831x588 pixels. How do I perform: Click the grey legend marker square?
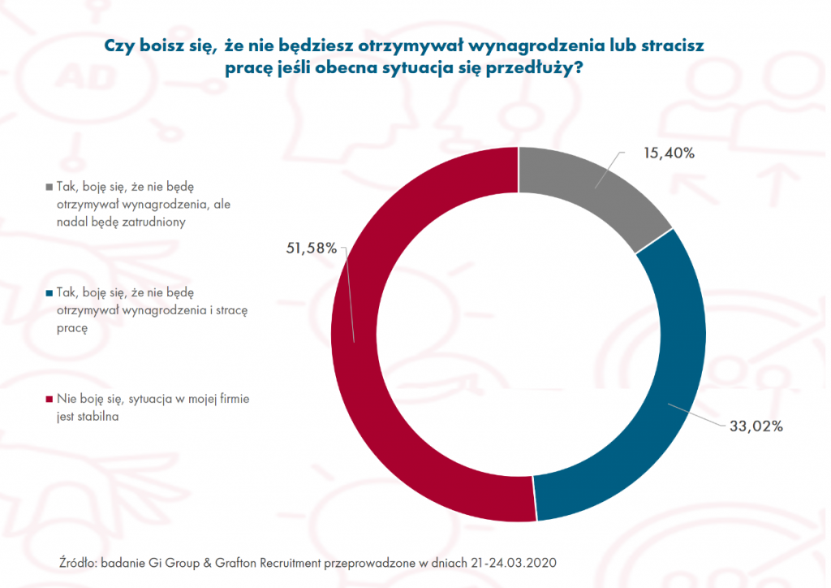tap(51, 185)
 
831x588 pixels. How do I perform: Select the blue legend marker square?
tap(51, 292)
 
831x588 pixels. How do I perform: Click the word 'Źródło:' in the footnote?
tap(80, 562)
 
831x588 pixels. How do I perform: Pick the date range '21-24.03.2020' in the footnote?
tap(520, 562)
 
